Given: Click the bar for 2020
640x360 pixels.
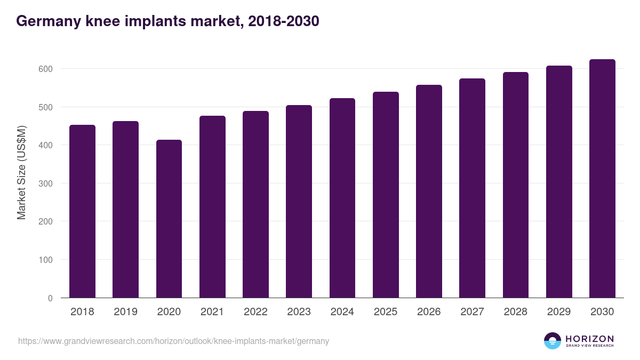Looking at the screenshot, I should [169, 219].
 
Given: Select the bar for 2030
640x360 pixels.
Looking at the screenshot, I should [602, 179].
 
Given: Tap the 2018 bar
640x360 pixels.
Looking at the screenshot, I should [82, 211].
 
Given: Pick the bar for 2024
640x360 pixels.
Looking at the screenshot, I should [342, 198].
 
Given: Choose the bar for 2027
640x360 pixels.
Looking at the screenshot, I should [472, 188].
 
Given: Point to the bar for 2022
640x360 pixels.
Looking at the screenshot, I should [255, 204].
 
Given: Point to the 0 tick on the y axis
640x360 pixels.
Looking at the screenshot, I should [50, 298].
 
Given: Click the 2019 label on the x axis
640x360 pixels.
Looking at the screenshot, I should [125, 312].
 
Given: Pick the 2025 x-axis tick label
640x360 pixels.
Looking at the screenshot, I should [386, 312].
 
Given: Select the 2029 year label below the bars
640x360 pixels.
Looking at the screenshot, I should [559, 312].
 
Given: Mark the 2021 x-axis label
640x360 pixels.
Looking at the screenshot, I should [212, 312].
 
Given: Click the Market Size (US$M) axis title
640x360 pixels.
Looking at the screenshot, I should [21, 172].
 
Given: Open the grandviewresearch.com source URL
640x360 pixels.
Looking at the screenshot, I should [174, 341].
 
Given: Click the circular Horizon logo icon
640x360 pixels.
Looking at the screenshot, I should [553, 341].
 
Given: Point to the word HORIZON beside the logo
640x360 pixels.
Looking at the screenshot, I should [589, 338].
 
